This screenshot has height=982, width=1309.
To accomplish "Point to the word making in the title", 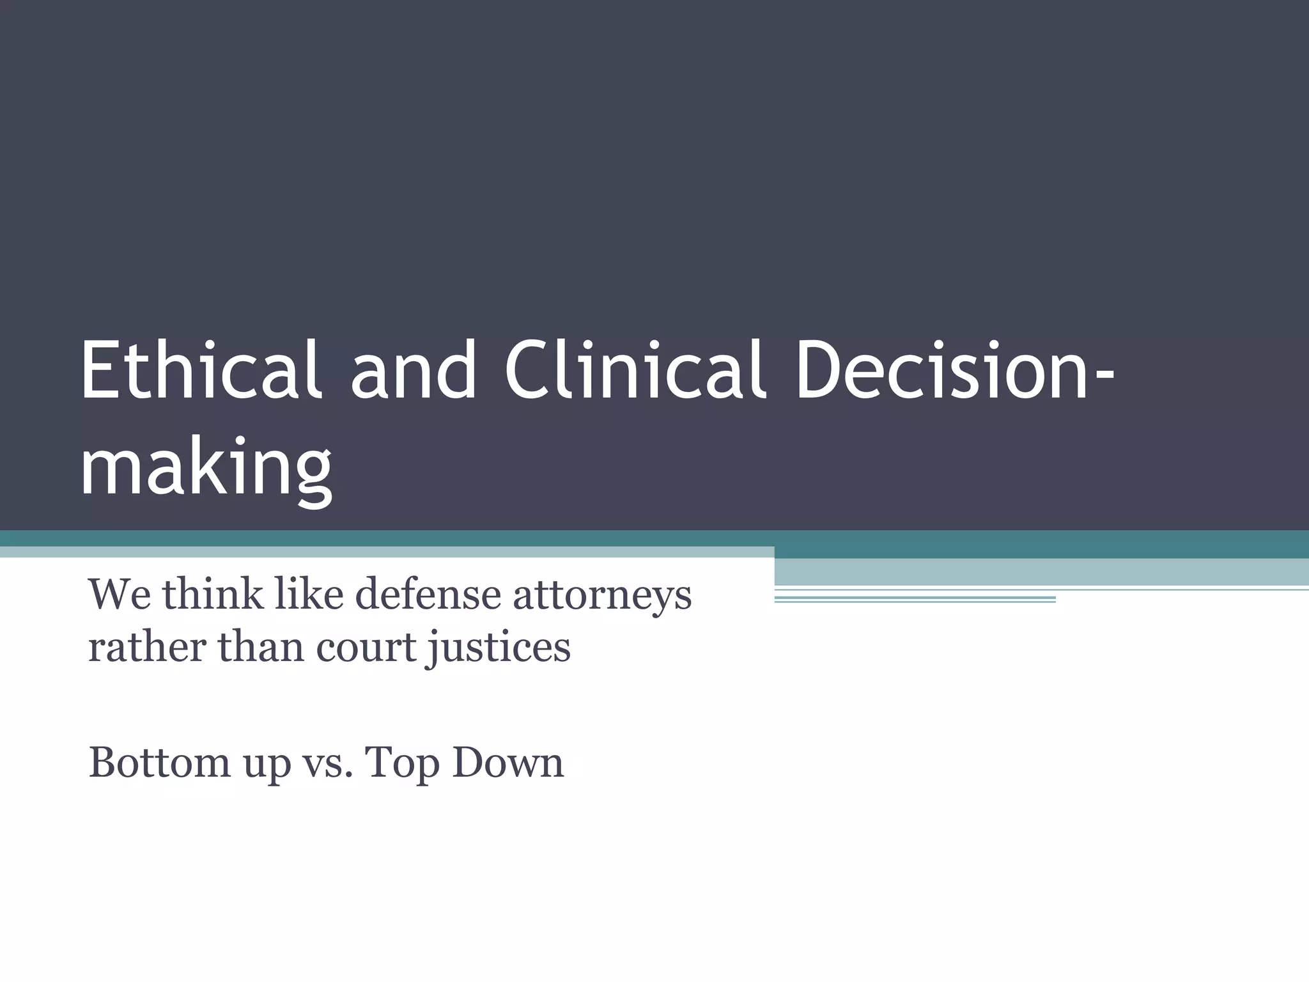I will [206, 464].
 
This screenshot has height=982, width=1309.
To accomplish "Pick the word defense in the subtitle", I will [428, 595].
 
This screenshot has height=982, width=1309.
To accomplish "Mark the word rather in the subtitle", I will [146, 647].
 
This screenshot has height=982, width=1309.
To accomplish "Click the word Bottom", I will [159, 762].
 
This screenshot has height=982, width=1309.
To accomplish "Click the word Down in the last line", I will [508, 762].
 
